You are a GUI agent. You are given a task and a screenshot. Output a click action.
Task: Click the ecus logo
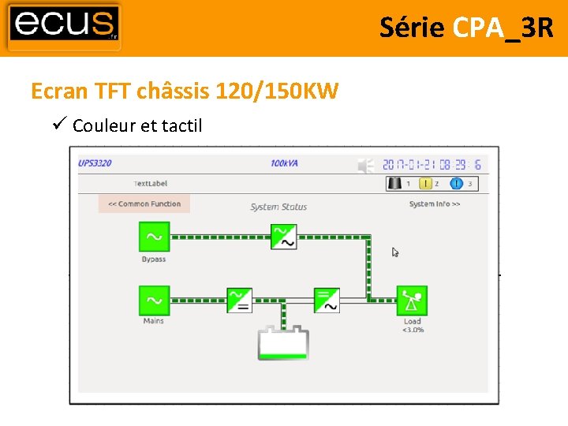point(65,27)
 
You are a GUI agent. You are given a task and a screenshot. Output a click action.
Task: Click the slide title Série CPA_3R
point(466,28)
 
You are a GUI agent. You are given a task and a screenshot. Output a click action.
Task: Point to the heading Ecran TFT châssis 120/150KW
point(185,92)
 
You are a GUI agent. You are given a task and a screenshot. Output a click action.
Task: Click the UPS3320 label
point(95,163)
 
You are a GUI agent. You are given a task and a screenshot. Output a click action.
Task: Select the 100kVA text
point(285,163)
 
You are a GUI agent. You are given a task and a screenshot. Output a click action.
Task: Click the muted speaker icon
point(365,165)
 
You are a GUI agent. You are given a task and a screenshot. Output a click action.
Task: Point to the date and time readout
point(432,165)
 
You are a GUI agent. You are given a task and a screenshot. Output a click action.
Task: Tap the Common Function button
point(144,204)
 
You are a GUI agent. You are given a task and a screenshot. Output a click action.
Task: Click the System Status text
point(278,207)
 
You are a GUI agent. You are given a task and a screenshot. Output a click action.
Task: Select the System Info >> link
point(435,204)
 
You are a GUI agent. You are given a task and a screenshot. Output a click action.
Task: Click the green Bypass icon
point(154,237)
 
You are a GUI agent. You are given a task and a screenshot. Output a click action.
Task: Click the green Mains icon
point(154,301)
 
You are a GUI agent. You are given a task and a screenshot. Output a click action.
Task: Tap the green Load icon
point(411,301)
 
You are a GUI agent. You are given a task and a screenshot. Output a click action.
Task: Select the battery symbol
point(283,343)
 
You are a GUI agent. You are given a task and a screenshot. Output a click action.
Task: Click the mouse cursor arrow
point(395,252)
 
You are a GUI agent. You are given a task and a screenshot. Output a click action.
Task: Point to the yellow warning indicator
point(425,184)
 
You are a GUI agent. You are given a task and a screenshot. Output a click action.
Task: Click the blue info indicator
point(456,184)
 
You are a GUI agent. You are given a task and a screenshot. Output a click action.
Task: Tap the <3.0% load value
point(413,330)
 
